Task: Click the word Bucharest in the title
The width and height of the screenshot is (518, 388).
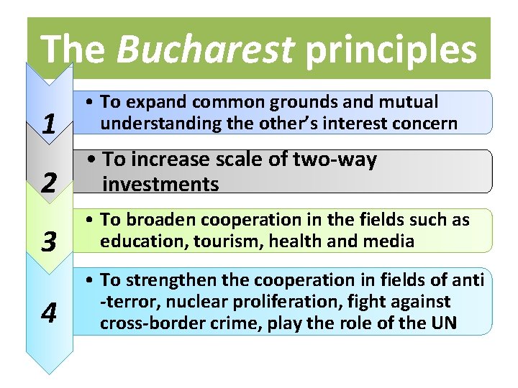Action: (x=205, y=50)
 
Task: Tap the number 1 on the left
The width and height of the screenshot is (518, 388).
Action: (x=49, y=125)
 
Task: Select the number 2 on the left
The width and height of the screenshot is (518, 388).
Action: (x=49, y=183)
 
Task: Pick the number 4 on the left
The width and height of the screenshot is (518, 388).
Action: (x=49, y=313)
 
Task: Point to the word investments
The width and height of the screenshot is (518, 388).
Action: (x=160, y=184)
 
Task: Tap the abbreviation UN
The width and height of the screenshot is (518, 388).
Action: (x=443, y=323)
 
